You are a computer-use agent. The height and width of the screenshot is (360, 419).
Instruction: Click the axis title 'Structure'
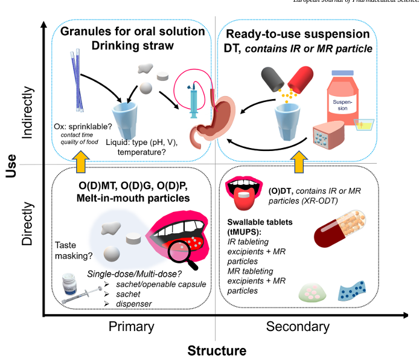tap(217, 351)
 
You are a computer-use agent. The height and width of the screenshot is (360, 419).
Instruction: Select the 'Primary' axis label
tap(131, 327)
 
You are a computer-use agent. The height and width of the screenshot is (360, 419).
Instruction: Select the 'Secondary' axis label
tap(298, 327)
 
